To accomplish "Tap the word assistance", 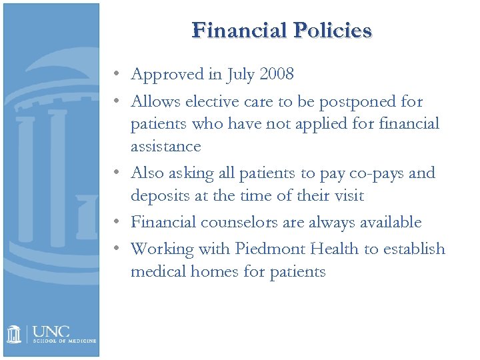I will [x=165, y=146].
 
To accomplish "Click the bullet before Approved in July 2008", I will [x=117, y=75].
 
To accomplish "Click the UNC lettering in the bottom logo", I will [x=51, y=331].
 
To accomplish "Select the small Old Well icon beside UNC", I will [x=14, y=334].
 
